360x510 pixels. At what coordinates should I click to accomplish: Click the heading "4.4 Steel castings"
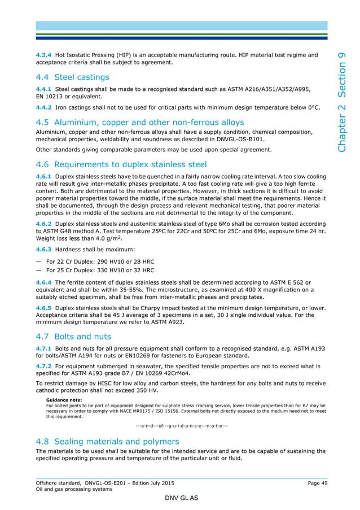coord(72,76)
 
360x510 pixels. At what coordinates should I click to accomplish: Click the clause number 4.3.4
coord(43,55)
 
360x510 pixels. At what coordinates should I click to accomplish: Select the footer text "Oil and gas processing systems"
coord(71,489)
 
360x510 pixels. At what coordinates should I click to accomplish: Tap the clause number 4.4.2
coord(43,106)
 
